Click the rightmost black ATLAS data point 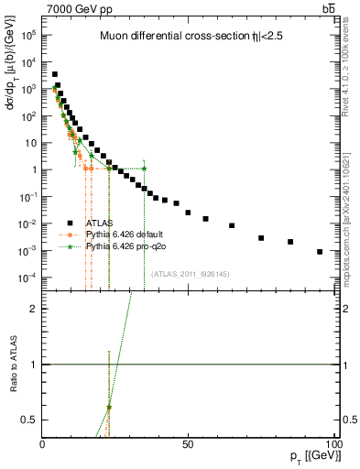coord(320,252)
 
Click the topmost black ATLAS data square coord(55,75)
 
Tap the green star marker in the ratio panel coord(109,408)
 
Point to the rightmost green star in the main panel coord(144,169)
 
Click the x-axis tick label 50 coord(188,444)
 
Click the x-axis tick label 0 coord(43,444)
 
